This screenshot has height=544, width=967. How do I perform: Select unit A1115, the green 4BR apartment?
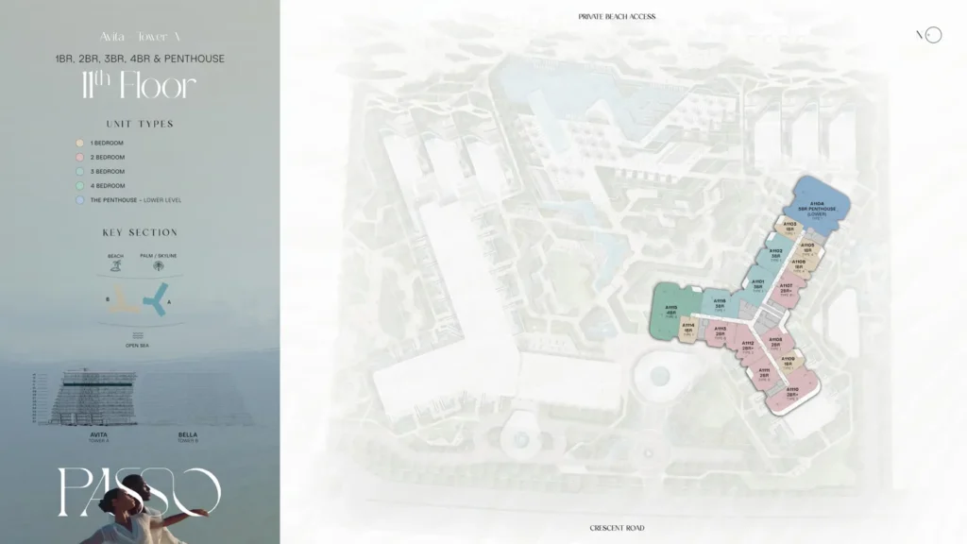671,312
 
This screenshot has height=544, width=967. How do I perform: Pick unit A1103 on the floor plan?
789,227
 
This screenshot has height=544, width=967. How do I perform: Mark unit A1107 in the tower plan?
786,288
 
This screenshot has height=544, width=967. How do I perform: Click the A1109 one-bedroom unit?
789,362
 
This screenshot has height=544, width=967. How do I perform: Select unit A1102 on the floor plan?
775,254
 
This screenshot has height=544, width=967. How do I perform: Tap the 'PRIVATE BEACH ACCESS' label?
617,17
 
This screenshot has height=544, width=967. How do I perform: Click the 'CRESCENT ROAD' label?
617,528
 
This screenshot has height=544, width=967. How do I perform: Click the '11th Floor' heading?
139,87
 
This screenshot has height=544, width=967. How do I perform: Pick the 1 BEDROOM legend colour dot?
79,144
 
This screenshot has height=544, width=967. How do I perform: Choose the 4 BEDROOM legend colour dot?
79,186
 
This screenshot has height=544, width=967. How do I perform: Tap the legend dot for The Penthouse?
79,200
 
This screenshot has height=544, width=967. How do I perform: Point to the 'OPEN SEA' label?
139,346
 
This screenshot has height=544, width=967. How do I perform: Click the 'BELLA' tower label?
188,434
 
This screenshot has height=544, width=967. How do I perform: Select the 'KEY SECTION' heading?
140,232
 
